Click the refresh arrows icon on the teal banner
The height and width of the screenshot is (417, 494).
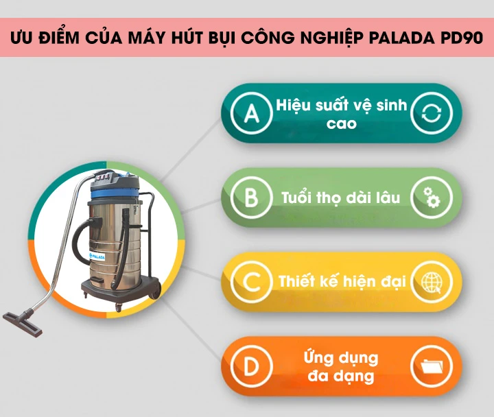point(431,114)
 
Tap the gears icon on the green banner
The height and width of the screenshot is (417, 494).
point(431,199)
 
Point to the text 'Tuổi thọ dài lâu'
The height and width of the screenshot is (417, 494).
point(340,199)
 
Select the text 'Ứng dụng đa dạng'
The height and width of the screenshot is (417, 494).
point(341,367)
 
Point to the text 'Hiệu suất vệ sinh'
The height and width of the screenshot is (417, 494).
point(342,106)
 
